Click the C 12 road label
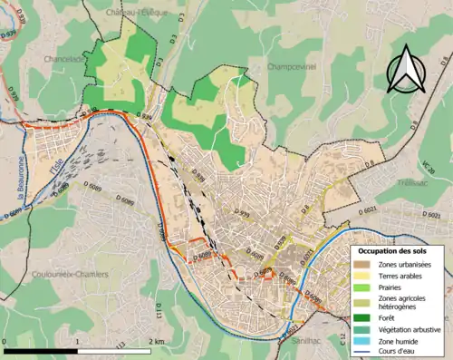pyautogui.click(x=342, y=339)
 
